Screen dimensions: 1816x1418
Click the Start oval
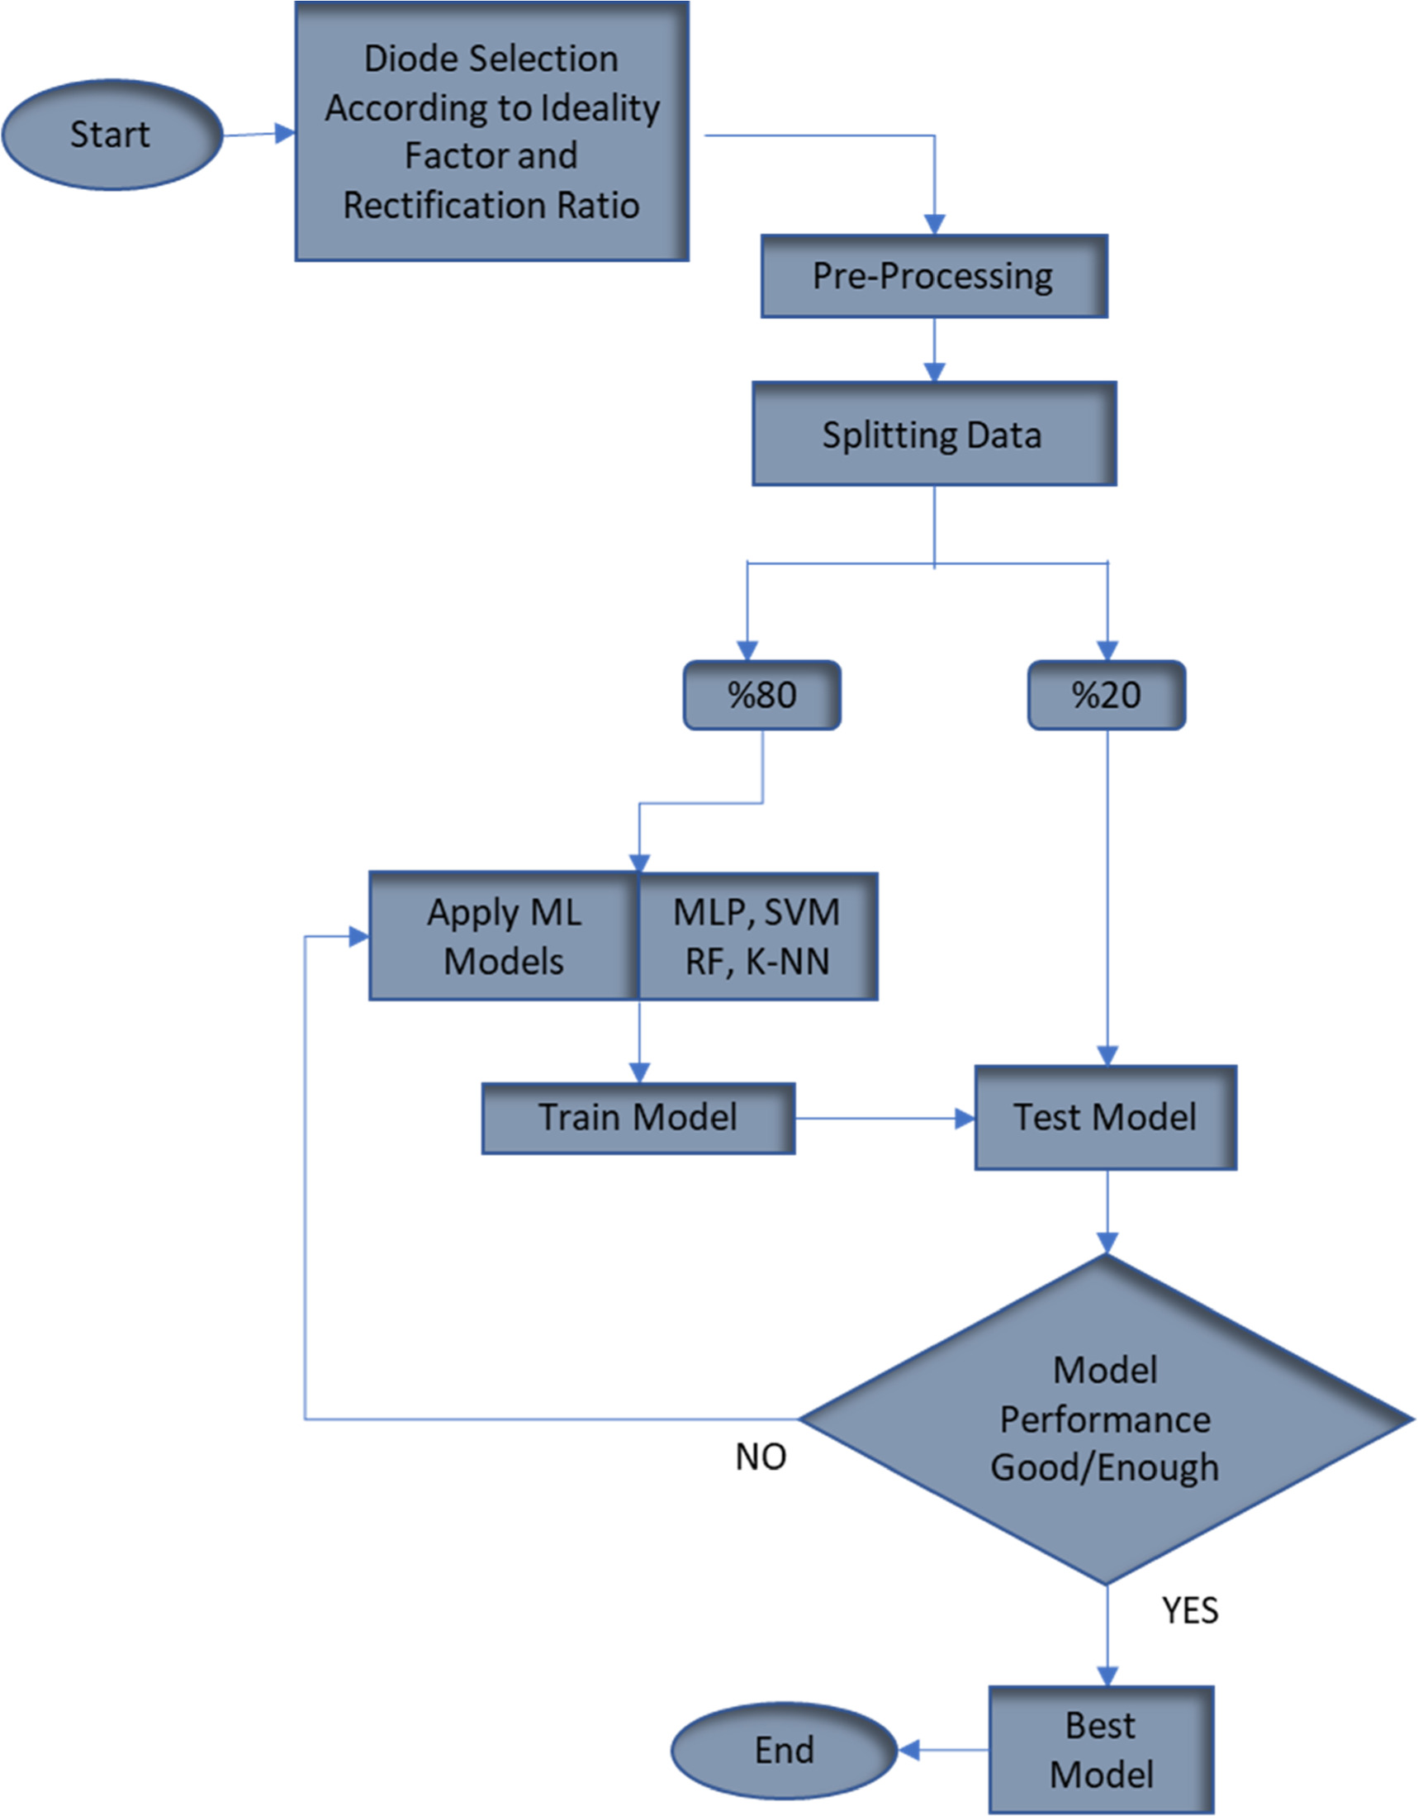[112, 135]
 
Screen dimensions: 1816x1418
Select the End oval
[784, 1749]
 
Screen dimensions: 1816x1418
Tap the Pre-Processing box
[933, 276]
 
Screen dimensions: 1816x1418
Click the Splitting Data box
[933, 434]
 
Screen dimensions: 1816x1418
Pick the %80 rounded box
[761, 695]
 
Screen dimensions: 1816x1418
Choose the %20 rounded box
[1107, 695]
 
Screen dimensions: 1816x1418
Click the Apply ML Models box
[504, 936]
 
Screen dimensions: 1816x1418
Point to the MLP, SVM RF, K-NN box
[757, 936]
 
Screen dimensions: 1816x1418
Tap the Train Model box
[638, 1118]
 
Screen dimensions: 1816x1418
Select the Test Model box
[1105, 1118]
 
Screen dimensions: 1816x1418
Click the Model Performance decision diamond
[1105, 1419]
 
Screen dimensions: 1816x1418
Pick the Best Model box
[1101, 1749]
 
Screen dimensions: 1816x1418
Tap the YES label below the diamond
[1189, 1611]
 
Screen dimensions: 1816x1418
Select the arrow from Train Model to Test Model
[881, 1119]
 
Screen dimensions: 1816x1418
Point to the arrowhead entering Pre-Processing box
[934, 225]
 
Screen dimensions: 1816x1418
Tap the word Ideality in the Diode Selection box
[600, 108]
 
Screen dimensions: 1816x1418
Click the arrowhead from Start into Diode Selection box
[285, 133]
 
